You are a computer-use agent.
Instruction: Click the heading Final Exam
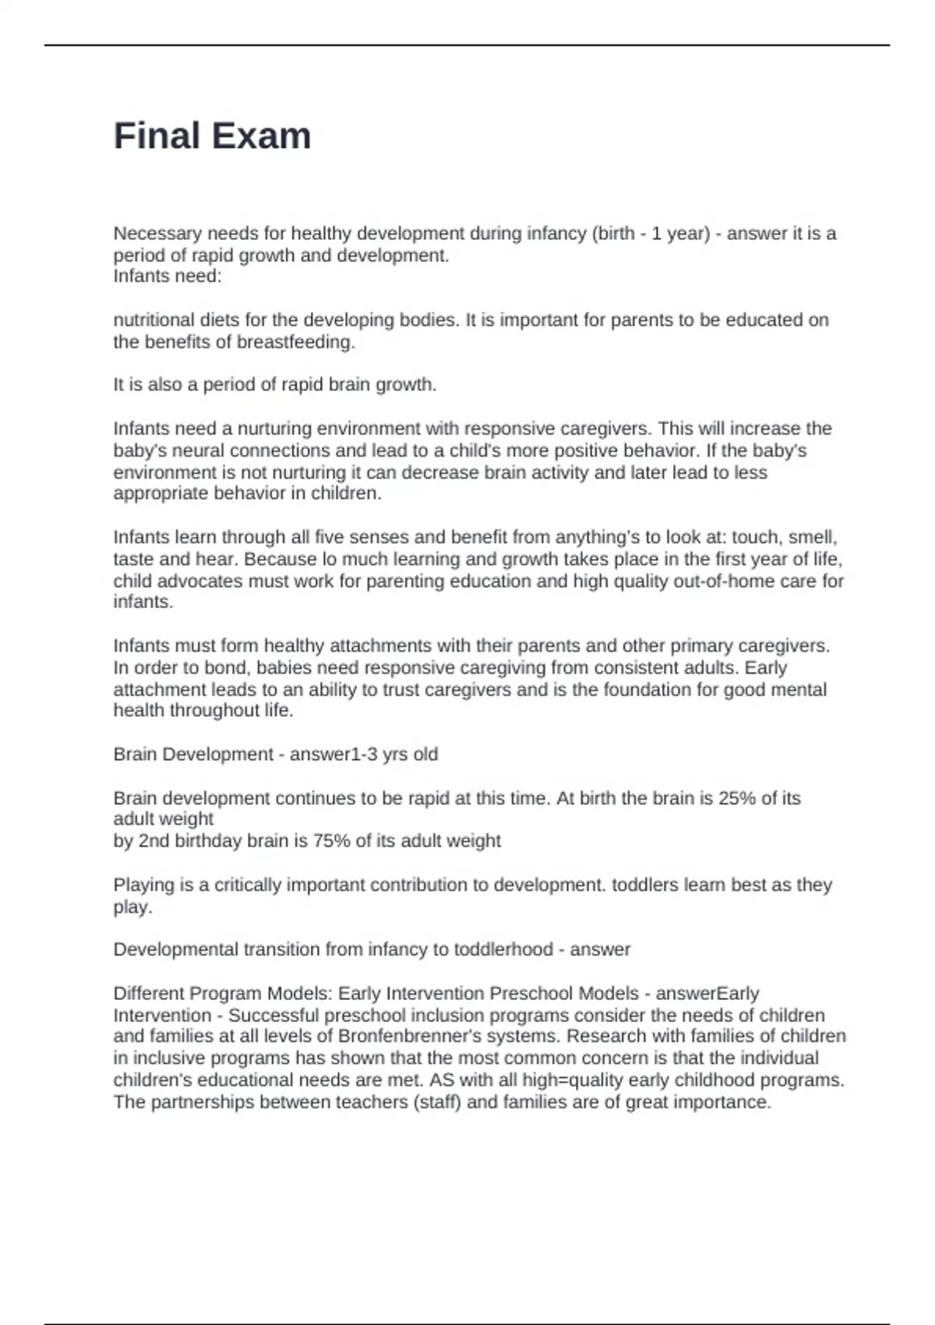[x=212, y=136]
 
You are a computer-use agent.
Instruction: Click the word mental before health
[x=799, y=690]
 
